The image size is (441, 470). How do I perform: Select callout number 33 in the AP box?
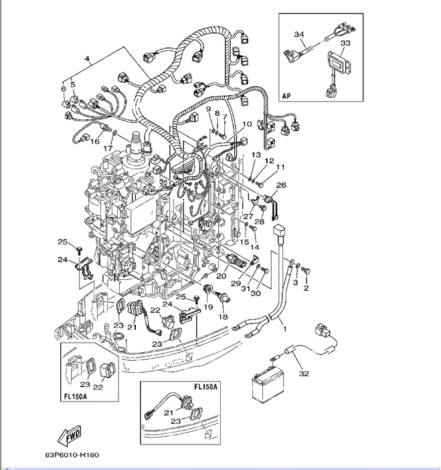[345, 43]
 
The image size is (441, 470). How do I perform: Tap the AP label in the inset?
[287, 95]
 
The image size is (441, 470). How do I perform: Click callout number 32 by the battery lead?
[304, 374]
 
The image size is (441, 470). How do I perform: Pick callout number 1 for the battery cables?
[284, 329]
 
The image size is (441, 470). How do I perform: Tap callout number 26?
[281, 185]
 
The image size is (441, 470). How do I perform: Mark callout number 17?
[107, 148]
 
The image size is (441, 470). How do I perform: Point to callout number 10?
[247, 124]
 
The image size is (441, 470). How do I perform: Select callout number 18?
[223, 316]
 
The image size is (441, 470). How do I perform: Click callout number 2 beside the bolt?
[306, 289]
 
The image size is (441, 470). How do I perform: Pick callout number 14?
[254, 248]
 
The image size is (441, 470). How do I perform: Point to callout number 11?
[280, 167]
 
